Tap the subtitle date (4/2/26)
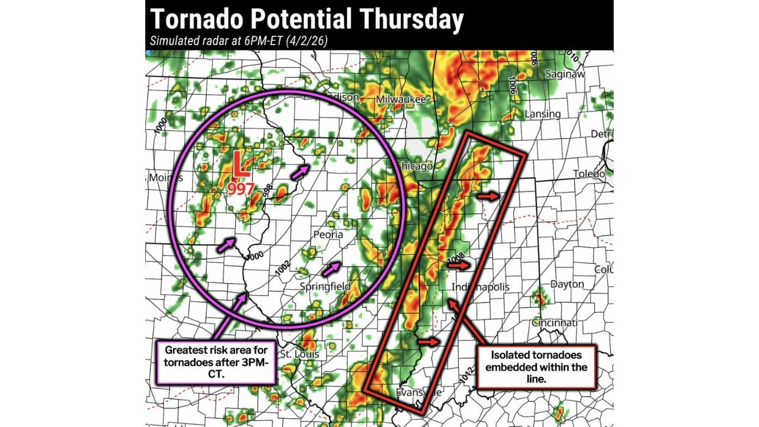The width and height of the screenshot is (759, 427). tap(309, 41)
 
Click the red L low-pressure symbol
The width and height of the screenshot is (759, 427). tap(240, 165)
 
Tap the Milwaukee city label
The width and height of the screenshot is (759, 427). tap(401, 100)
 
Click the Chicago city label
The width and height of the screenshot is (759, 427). tap(414, 166)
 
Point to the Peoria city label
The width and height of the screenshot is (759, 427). tap(329, 234)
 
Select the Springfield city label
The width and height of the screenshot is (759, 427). tap(324, 287)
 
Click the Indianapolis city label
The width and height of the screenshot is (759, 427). tap(480, 287)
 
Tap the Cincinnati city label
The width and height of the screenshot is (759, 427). tap(554, 323)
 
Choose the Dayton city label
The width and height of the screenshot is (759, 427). tap(567, 285)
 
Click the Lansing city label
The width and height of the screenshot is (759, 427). tap(543, 114)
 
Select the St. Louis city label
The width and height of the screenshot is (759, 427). tap(299, 354)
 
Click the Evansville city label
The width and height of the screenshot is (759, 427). tap(420, 393)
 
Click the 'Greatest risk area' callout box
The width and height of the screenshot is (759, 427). tap(215, 362)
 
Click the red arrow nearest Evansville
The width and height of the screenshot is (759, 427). tap(429, 342)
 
